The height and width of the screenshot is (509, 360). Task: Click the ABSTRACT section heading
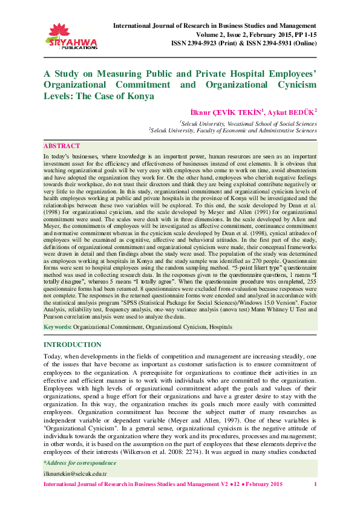(x=62, y=146)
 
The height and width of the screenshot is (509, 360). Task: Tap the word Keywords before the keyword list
(x=57, y=326)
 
